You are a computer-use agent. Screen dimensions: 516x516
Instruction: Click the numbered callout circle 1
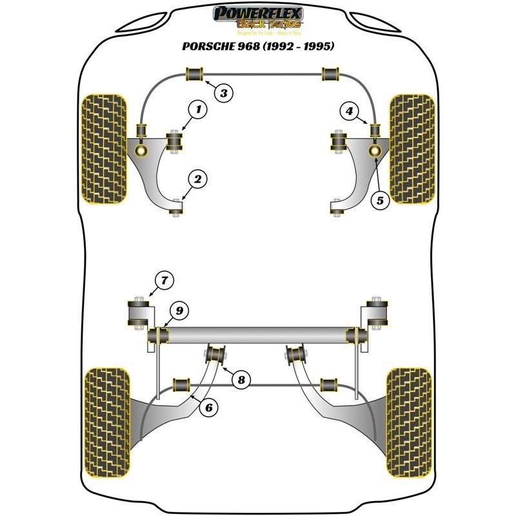click(x=199, y=110)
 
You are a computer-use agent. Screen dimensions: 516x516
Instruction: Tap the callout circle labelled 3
click(x=223, y=94)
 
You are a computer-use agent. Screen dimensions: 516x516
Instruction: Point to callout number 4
click(x=349, y=112)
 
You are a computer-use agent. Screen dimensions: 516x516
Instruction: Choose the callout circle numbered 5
click(x=380, y=200)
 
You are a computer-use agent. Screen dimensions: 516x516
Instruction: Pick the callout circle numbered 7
click(x=164, y=280)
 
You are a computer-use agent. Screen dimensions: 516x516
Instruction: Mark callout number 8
click(x=241, y=380)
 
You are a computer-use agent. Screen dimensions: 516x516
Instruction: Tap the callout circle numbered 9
click(x=179, y=311)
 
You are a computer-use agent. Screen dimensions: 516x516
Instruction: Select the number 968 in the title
click(x=259, y=46)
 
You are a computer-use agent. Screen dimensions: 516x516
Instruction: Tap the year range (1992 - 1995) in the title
click(x=307, y=46)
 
